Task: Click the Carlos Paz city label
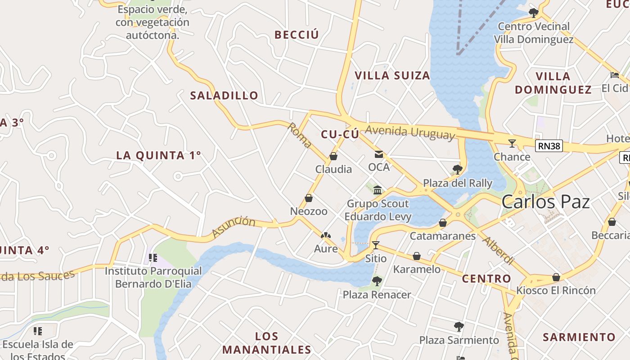pos(545,202)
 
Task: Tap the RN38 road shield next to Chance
pos(549,145)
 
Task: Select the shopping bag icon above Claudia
pos(333,156)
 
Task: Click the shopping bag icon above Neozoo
pos(309,198)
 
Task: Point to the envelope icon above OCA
pos(379,154)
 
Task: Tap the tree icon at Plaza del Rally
pos(458,170)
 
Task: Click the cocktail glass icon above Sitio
pos(376,245)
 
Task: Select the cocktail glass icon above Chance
pos(512,144)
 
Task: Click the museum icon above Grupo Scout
pos(378,190)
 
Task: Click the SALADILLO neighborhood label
pos(224,95)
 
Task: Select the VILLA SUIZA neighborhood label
pos(392,76)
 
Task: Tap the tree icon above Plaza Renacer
pos(377,282)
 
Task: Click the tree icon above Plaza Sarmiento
pos(459,327)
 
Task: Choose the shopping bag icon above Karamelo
pos(417,256)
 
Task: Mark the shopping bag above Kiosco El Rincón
pos(556,277)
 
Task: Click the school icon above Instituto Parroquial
pos(153,258)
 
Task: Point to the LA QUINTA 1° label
pos(158,155)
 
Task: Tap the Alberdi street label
pos(498,250)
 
